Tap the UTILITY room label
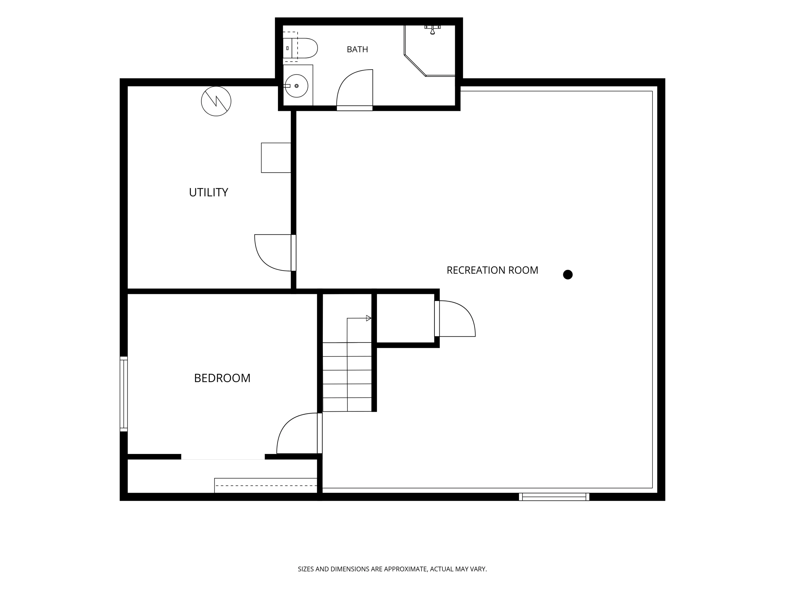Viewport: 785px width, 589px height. (x=208, y=192)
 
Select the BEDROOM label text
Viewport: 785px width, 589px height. (x=222, y=378)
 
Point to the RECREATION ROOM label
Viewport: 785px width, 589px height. (x=492, y=270)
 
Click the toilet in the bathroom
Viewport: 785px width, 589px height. (x=300, y=48)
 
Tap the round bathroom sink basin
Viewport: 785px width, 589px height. (x=297, y=86)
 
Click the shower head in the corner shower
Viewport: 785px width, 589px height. (x=432, y=30)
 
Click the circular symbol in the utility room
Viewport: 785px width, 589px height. (x=216, y=101)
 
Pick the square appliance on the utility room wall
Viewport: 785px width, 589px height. (x=276, y=158)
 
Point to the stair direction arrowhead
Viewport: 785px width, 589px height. (x=369, y=318)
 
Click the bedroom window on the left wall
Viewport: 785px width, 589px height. (x=124, y=394)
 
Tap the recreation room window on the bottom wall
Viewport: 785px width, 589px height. (x=554, y=497)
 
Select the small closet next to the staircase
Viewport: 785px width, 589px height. (x=405, y=318)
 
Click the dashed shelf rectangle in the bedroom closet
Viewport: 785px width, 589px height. (x=265, y=485)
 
